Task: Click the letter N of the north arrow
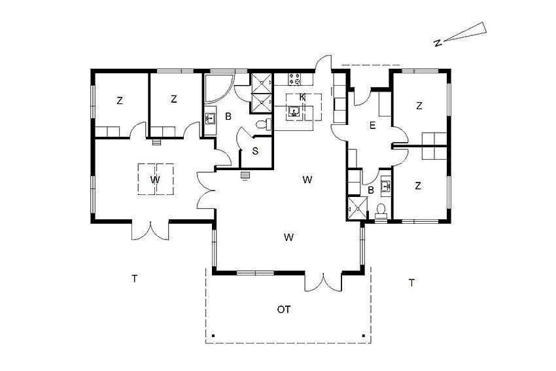click(438, 43)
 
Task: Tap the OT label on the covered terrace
click(284, 309)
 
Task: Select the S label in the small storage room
click(255, 151)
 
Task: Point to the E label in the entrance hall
click(372, 125)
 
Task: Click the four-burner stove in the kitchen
click(294, 79)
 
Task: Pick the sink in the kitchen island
click(294, 112)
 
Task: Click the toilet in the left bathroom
click(264, 124)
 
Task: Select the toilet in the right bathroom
click(381, 210)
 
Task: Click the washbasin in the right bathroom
click(385, 185)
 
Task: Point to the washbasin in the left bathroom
click(210, 118)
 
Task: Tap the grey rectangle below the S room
click(245, 175)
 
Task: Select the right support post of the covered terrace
click(363, 335)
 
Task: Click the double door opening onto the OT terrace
click(323, 283)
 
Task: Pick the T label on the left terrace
click(134, 279)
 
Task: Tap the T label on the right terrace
click(411, 283)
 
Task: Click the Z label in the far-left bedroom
click(120, 101)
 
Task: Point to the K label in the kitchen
click(302, 97)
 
